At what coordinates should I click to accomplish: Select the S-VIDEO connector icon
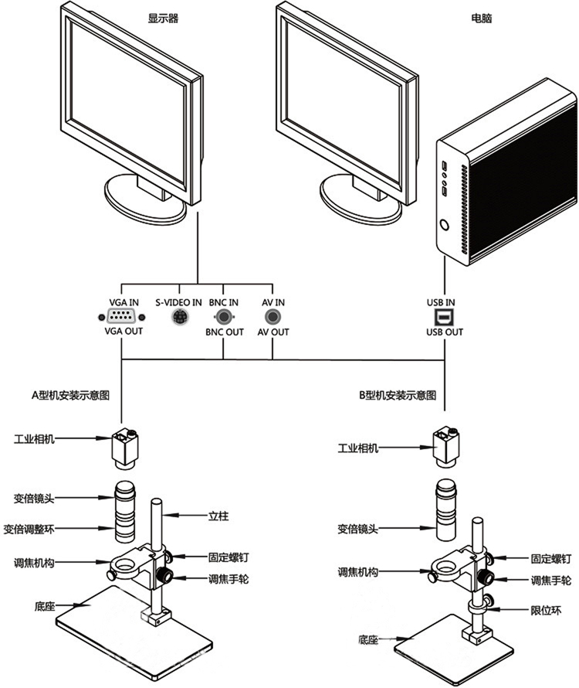coord(178,316)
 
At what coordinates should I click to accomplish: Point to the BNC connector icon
coord(224,316)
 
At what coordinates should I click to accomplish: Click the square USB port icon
coord(445,316)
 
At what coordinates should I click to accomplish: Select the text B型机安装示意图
coord(397,394)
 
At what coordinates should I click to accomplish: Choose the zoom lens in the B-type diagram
coord(446,509)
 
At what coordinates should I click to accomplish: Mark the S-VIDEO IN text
coord(178,301)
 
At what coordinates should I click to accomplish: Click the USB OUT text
coord(445,332)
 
